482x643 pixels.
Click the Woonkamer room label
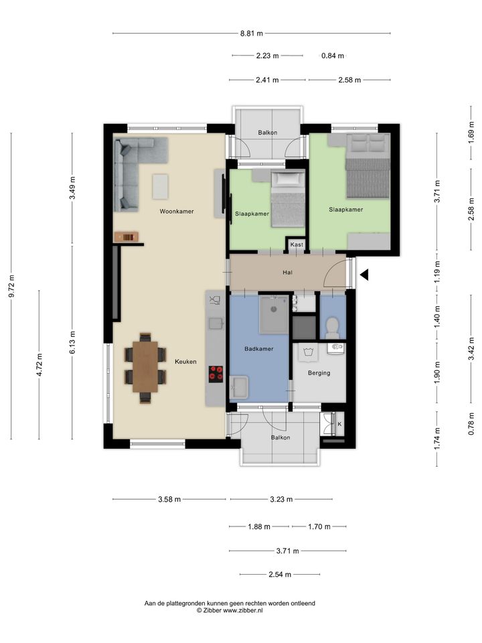pos(177,212)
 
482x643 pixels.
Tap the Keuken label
pos(185,362)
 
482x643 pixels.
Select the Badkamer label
pos(258,349)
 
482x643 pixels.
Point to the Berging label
pos(319,373)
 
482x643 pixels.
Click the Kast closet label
pos(297,245)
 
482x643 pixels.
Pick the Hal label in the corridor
pos(287,273)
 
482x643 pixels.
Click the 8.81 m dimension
pos(252,33)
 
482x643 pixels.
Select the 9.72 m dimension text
pos(11,286)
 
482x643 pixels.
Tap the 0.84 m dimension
pos(333,56)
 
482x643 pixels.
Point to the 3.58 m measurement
pos(169,500)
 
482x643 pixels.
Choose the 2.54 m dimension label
pos(280,575)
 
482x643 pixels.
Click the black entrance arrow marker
pos(364,275)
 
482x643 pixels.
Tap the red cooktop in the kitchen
pos(216,374)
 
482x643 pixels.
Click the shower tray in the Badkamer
pos(274,315)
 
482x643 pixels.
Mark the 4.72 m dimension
pos(39,364)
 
